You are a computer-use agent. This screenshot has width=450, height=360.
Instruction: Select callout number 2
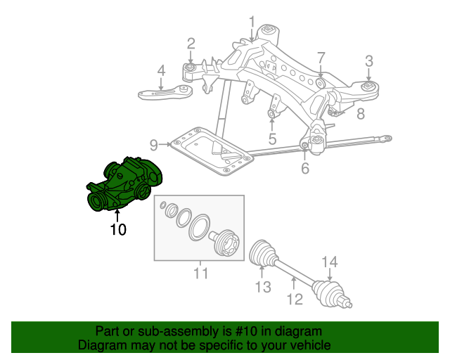tap(191, 44)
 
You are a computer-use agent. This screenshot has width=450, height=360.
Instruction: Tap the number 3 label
tap(368, 60)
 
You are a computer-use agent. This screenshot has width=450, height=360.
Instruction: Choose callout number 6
tap(304, 169)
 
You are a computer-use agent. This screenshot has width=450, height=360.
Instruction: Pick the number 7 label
tap(321, 57)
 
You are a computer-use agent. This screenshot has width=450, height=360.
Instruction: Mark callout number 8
tap(359, 114)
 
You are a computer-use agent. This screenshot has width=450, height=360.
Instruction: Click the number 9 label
tap(154, 146)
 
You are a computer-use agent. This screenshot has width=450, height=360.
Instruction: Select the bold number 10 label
tap(117, 229)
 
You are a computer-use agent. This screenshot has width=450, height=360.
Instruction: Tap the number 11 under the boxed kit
tap(201, 273)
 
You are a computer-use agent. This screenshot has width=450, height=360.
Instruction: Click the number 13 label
tap(262, 287)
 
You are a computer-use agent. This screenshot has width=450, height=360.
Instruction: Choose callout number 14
tap(330, 263)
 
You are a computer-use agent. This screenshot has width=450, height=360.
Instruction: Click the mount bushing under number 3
tap(368, 87)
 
